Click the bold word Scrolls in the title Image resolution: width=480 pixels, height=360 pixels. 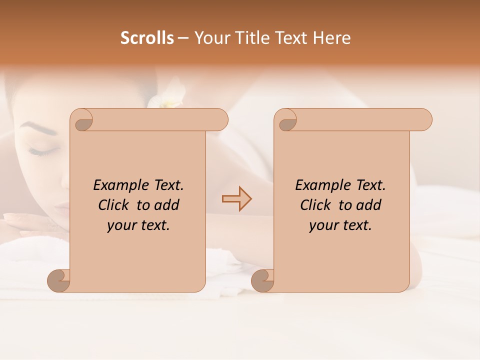pos(147,38)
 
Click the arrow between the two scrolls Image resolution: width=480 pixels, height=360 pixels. pos(236,199)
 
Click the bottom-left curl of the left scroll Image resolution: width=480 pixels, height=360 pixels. pos(59,280)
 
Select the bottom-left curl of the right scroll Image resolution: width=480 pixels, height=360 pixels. pos(263,280)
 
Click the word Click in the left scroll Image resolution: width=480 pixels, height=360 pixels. pos(114,205)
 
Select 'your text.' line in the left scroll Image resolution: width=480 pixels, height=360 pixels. pos(138,225)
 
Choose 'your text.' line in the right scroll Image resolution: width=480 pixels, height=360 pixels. pos(340,225)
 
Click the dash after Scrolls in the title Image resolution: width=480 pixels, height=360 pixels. pos(183,38)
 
